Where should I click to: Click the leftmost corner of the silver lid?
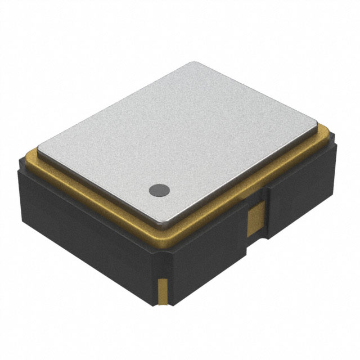coord(39,143)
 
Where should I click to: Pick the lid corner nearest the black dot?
coord(164,223)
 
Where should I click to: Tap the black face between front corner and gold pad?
coord(208,253)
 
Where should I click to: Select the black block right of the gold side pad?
coord(298,191)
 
